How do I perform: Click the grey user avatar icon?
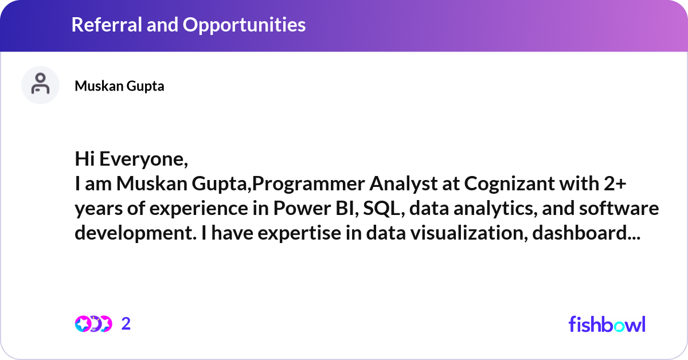tap(40, 85)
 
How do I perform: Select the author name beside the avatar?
tap(119, 86)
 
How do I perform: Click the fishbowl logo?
tap(607, 324)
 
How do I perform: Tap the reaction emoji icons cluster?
tap(93, 324)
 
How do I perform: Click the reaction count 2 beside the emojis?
tap(126, 324)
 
